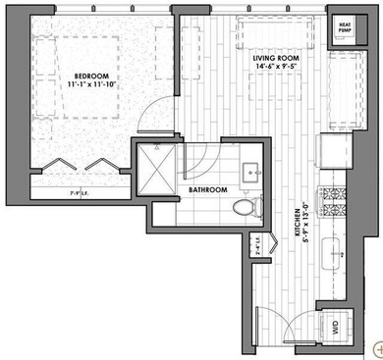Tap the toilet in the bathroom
tap(246, 206)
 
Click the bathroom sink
tap(246, 162)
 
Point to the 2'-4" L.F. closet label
tap(257, 241)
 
